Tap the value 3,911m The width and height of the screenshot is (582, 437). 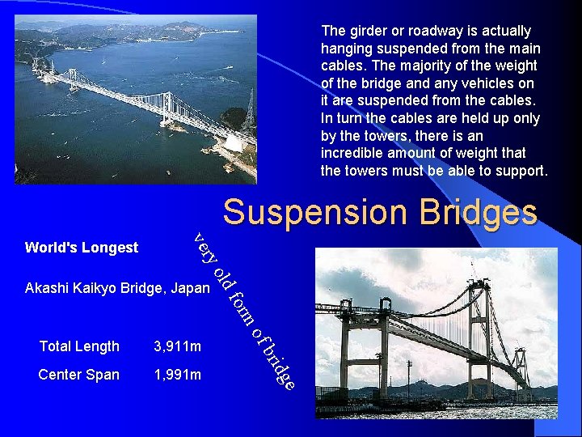tap(177, 346)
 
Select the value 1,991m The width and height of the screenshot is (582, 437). tap(177, 375)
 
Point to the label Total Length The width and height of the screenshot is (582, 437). tap(79, 346)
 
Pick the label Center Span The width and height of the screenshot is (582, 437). tap(79, 375)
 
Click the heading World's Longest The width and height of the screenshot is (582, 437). tap(82, 248)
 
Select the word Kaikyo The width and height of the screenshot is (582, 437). tap(96, 288)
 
